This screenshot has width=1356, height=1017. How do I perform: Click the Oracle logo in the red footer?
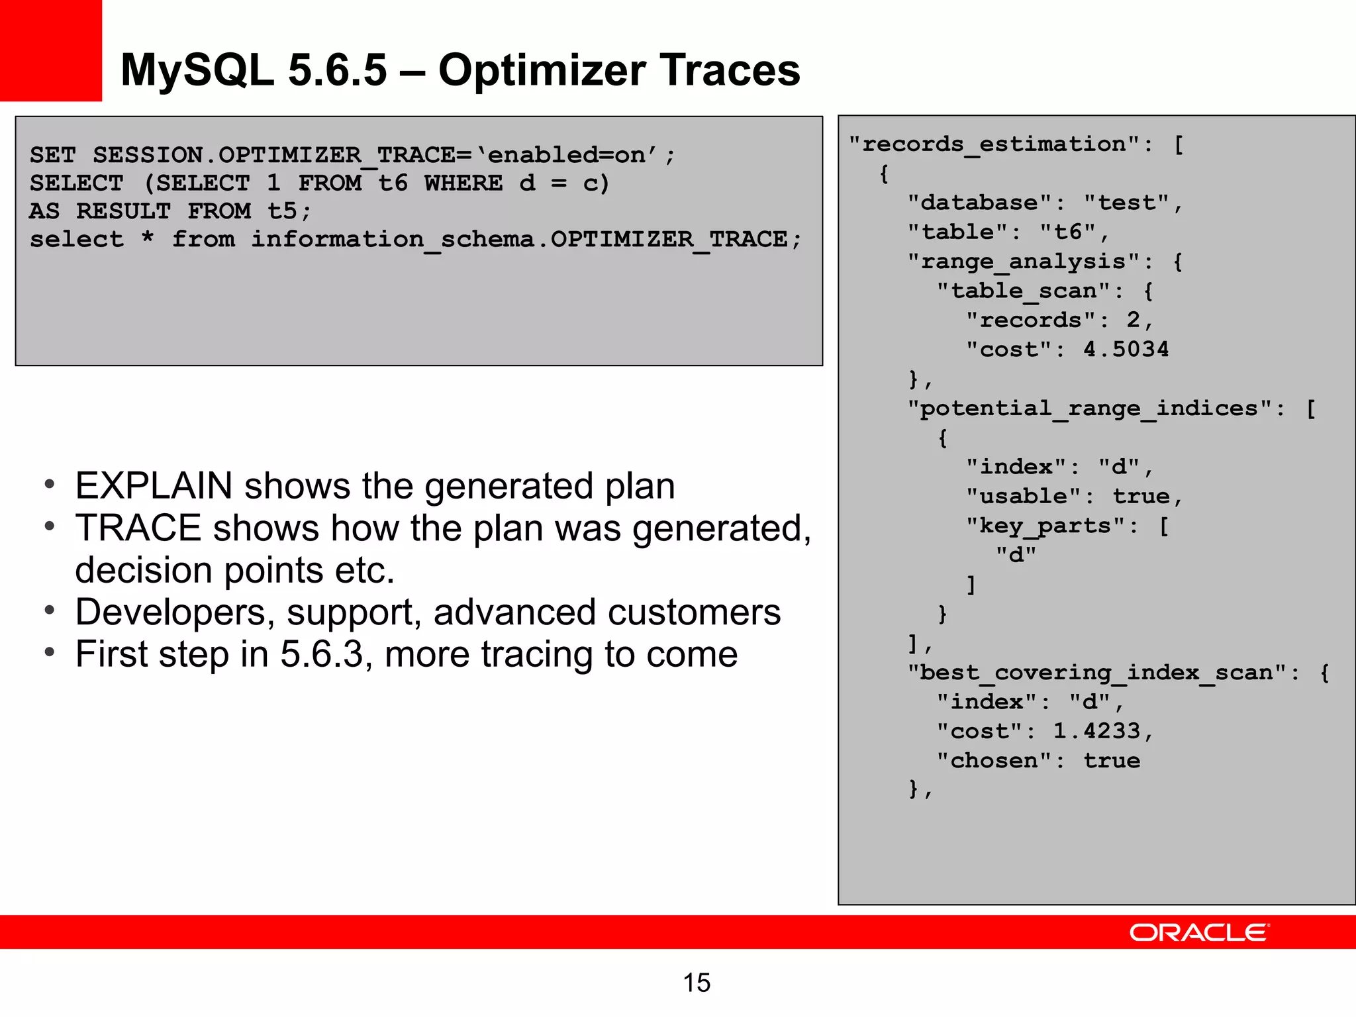click(x=1199, y=932)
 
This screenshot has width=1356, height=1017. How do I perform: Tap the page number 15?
click(x=697, y=983)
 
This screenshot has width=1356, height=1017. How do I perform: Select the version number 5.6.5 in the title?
click(x=337, y=70)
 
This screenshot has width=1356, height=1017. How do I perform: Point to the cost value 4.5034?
click(x=1126, y=349)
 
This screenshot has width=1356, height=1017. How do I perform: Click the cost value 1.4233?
click(x=1097, y=730)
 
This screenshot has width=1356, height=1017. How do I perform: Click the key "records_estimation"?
click(x=1000, y=144)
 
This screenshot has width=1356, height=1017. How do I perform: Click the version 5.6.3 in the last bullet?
click(x=322, y=654)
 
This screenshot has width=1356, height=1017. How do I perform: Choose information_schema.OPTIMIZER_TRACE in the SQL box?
click(x=519, y=239)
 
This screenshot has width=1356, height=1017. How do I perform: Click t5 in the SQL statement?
click(x=282, y=211)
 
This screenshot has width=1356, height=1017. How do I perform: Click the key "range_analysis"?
click(x=1030, y=262)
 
